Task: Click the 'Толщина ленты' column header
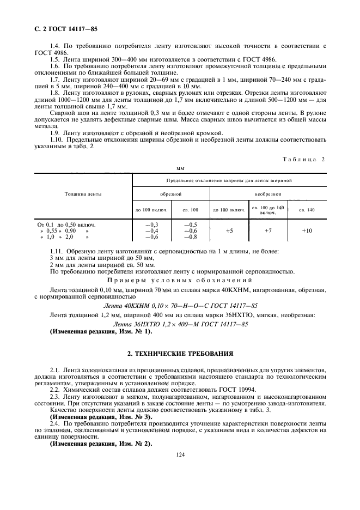pos(83,193)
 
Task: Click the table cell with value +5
pos(229,230)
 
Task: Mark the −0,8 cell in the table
pos(191,237)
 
